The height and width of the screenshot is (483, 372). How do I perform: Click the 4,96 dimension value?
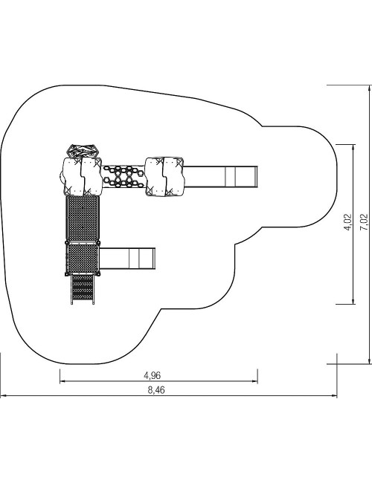tap(153, 375)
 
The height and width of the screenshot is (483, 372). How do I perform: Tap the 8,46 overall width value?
tap(156, 390)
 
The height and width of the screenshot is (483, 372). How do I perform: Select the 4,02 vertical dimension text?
tap(348, 222)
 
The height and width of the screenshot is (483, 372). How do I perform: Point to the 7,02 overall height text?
tap(365, 222)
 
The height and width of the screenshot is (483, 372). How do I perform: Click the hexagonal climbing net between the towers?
tap(124, 177)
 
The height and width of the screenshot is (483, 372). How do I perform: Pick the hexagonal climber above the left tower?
tap(83, 151)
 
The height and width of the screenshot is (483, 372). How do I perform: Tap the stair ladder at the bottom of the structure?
tap(83, 289)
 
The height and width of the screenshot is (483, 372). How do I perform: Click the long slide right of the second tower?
tap(220, 177)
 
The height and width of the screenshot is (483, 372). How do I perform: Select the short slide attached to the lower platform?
tap(127, 258)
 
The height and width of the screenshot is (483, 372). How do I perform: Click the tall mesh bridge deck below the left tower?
tap(83, 218)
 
